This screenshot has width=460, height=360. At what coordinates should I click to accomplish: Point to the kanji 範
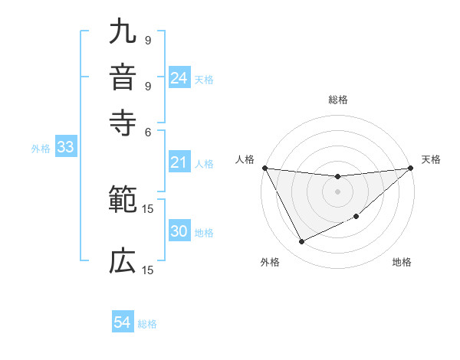click(123, 201)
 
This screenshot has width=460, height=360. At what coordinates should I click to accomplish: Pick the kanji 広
click(123, 262)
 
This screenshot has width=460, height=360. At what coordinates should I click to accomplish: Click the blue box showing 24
click(179, 78)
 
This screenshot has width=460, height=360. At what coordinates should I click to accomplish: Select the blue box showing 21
click(179, 162)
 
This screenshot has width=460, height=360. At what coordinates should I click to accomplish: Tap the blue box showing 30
click(179, 232)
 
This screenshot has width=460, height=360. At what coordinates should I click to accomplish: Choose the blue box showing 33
click(64, 148)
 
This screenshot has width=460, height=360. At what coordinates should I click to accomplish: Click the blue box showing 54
click(123, 323)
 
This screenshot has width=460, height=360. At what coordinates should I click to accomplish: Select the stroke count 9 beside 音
click(147, 85)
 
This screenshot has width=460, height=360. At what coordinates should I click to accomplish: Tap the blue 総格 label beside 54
click(147, 324)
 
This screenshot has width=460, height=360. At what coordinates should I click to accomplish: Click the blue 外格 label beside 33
click(40, 149)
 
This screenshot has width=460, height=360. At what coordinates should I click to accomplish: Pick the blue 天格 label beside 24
click(204, 79)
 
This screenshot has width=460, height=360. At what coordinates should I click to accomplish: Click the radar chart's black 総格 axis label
click(337, 100)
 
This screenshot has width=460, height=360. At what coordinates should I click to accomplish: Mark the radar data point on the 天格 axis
click(410, 169)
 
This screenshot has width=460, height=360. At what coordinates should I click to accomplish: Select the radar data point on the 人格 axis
click(264, 168)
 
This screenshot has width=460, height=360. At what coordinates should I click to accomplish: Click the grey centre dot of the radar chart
click(337, 191)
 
